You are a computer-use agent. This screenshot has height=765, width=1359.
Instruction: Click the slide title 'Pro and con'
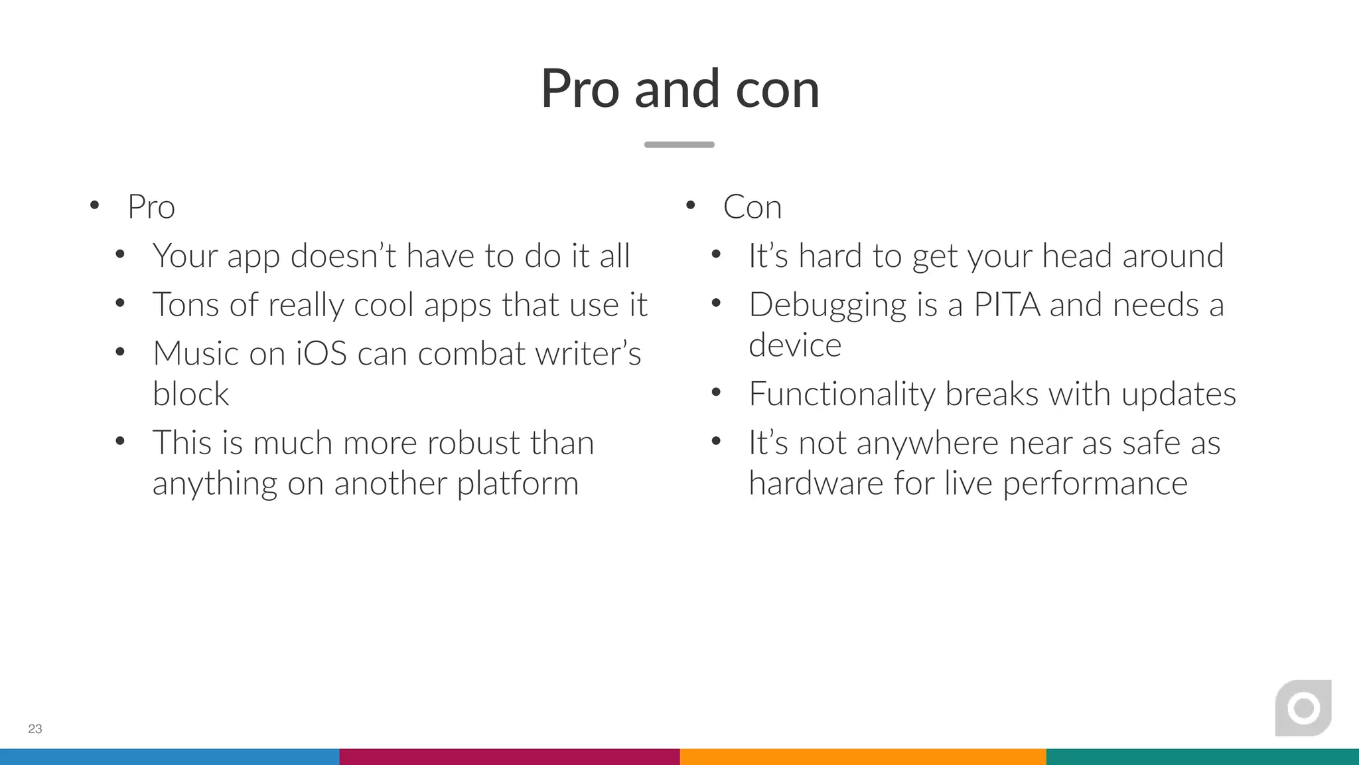pos(679,89)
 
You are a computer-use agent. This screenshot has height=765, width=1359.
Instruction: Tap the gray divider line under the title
pos(679,144)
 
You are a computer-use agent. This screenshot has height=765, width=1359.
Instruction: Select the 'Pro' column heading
pos(151,207)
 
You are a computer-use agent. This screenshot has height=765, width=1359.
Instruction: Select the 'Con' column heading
pos(752,207)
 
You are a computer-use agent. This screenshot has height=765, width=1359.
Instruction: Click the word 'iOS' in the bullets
pos(321,353)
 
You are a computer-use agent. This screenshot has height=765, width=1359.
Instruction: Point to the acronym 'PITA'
pos(1007,305)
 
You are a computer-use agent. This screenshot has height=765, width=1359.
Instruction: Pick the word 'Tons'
pos(185,305)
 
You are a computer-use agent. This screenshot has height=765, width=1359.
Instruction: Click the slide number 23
pos(35,728)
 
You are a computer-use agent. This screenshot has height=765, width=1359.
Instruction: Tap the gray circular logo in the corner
pos(1303,709)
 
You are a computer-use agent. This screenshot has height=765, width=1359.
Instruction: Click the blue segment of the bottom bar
pos(169,756)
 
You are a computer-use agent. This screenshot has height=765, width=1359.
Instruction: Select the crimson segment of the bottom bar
pos(510,756)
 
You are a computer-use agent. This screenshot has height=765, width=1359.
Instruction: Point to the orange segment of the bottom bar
pos(863,756)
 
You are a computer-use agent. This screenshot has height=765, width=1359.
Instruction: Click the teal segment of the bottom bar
pos(1202,756)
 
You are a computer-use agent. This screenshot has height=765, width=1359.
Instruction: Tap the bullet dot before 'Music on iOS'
pos(120,352)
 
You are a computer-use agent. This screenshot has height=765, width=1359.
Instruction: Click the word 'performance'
pos(1094,483)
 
